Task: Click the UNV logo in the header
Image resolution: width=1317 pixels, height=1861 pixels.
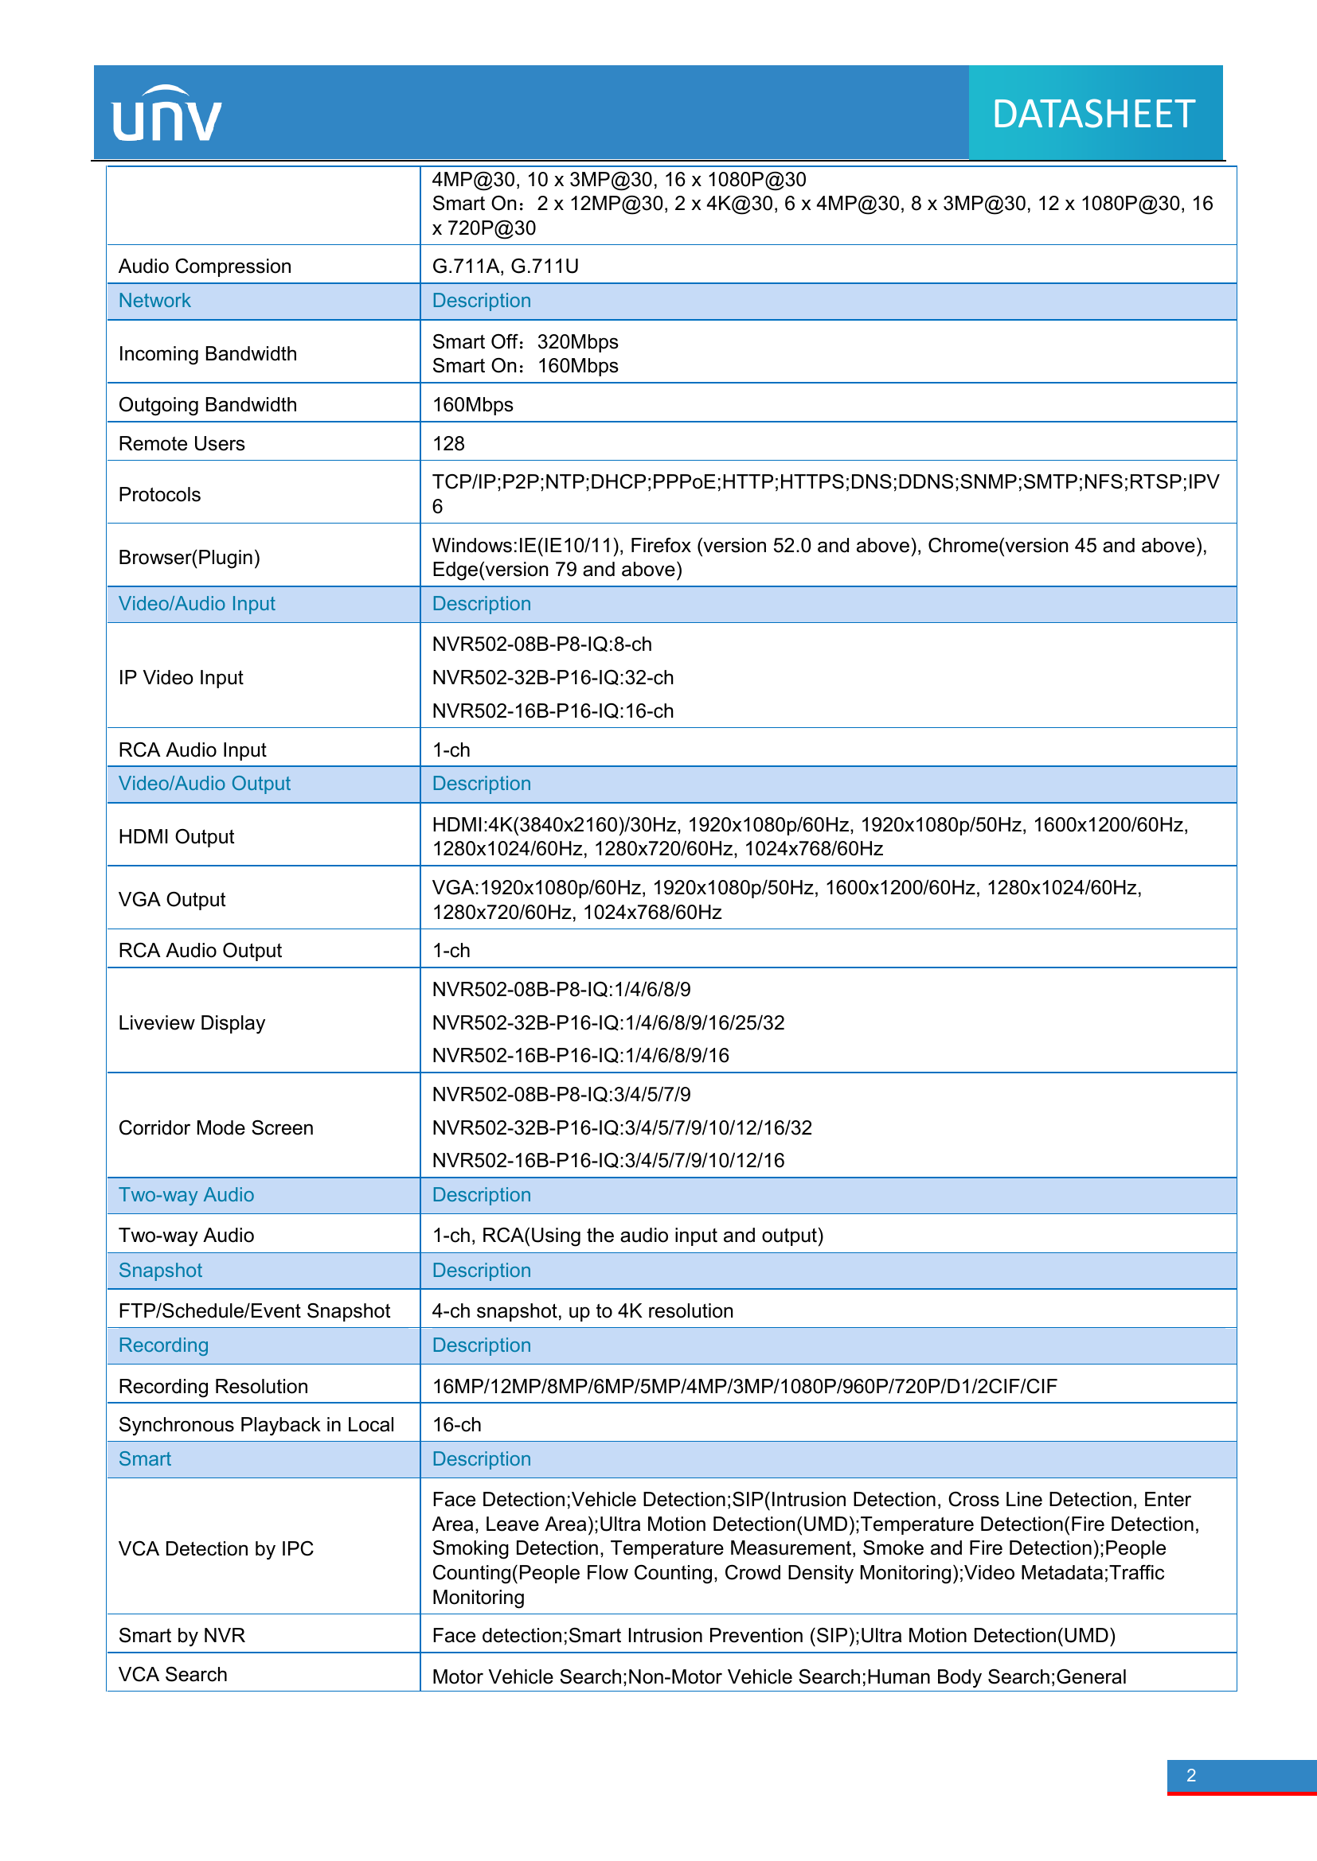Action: (x=167, y=115)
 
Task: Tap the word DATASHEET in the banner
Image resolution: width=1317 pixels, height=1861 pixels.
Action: (x=1093, y=115)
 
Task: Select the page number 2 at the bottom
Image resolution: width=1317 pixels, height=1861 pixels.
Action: (x=1190, y=1775)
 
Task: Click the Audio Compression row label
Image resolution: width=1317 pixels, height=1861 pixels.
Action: (x=205, y=267)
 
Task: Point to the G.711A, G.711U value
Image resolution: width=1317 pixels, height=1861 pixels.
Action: (x=506, y=267)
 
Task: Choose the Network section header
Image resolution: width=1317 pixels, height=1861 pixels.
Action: (x=154, y=301)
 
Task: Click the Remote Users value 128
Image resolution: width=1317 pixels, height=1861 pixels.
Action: (x=448, y=443)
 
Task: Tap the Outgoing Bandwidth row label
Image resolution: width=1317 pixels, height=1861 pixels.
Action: (x=208, y=404)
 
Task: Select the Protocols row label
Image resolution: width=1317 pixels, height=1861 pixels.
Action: (x=160, y=494)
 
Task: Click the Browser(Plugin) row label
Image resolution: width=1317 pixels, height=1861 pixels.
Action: (x=189, y=558)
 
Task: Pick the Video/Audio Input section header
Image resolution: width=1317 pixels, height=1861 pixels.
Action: (x=197, y=604)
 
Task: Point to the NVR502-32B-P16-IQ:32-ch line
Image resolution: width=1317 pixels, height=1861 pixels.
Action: (x=553, y=678)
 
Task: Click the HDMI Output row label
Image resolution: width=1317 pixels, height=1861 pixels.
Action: (x=176, y=836)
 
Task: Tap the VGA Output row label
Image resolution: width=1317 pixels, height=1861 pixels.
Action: (x=172, y=900)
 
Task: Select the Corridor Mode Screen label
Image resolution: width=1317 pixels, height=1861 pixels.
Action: (x=216, y=1127)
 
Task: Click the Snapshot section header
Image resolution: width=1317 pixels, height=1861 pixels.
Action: (x=161, y=1270)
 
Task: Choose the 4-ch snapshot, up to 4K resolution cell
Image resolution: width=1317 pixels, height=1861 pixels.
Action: (x=582, y=1310)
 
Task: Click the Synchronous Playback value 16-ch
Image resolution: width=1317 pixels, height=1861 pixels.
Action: (x=456, y=1424)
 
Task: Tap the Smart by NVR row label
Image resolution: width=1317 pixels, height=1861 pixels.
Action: (x=182, y=1635)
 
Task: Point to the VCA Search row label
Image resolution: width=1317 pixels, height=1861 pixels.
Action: (x=173, y=1674)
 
